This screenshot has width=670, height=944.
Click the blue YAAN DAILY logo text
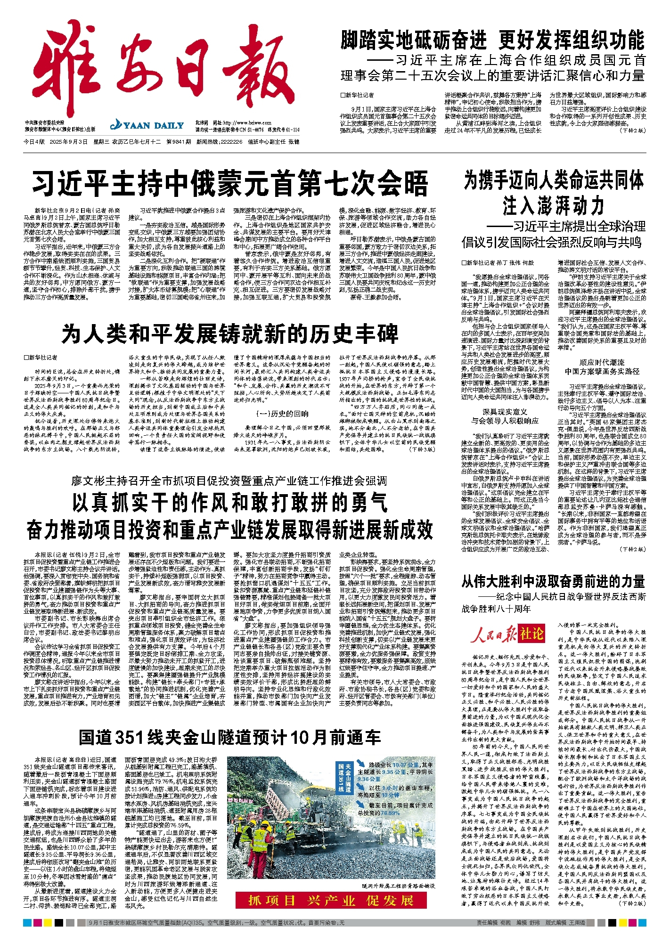pyautogui.click(x=147, y=125)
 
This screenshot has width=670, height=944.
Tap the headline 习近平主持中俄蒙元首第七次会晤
pyautogui.click(x=229, y=184)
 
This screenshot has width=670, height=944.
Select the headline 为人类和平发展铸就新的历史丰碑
pyautogui.click(x=229, y=334)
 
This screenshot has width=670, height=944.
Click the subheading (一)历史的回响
pyautogui.click(x=282, y=414)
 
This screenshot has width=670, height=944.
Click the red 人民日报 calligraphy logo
pyautogui.click(x=493, y=635)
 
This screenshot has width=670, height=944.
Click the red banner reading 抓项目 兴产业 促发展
pyautogui.click(x=331, y=901)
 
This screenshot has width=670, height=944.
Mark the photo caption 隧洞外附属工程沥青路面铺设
pyautogui.click(x=398, y=886)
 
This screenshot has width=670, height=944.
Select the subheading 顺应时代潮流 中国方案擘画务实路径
pyautogui.click(x=602, y=367)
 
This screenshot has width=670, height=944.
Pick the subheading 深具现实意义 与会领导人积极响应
pyautogui.click(x=505, y=416)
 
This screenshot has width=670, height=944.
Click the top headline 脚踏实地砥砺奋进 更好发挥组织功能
pyautogui.click(x=492, y=40)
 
